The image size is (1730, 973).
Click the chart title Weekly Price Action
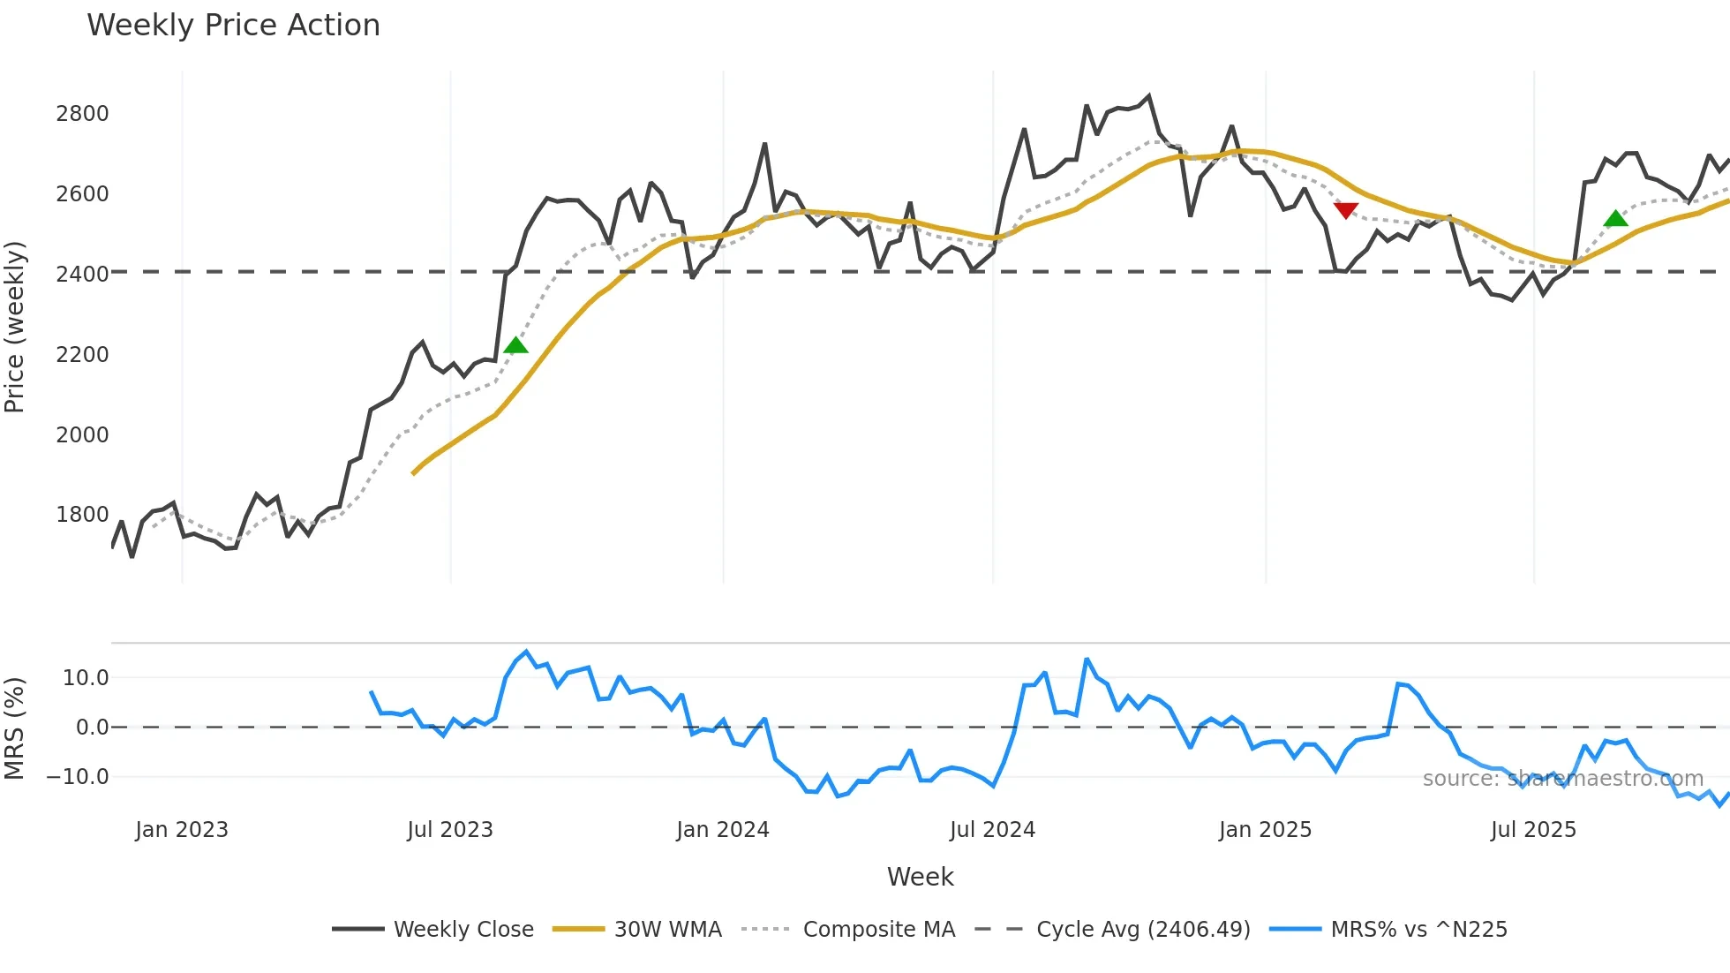[x=233, y=26]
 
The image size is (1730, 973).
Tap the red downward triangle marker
[x=1346, y=210]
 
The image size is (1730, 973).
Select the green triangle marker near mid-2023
[x=515, y=345]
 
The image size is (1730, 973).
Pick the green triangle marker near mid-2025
[x=1615, y=218]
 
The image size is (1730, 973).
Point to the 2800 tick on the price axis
[x=82, y=114]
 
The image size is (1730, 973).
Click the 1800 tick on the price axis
[x=82, y=515]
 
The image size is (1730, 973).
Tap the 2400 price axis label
[x=82, y=275]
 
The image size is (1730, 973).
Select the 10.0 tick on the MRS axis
[x=86, y=678]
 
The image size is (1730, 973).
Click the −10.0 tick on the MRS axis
[x=78, y=777]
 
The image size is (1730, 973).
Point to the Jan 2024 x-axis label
[x=723, y=830]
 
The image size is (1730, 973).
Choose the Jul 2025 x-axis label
[x=1533, y=830]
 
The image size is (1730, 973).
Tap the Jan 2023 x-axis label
[x=182, y=830]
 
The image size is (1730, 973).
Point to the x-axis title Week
[x=920, y=877]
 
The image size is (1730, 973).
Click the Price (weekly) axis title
[x=15, y=327]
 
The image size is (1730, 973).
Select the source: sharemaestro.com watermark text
[x=1562, y=779]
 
